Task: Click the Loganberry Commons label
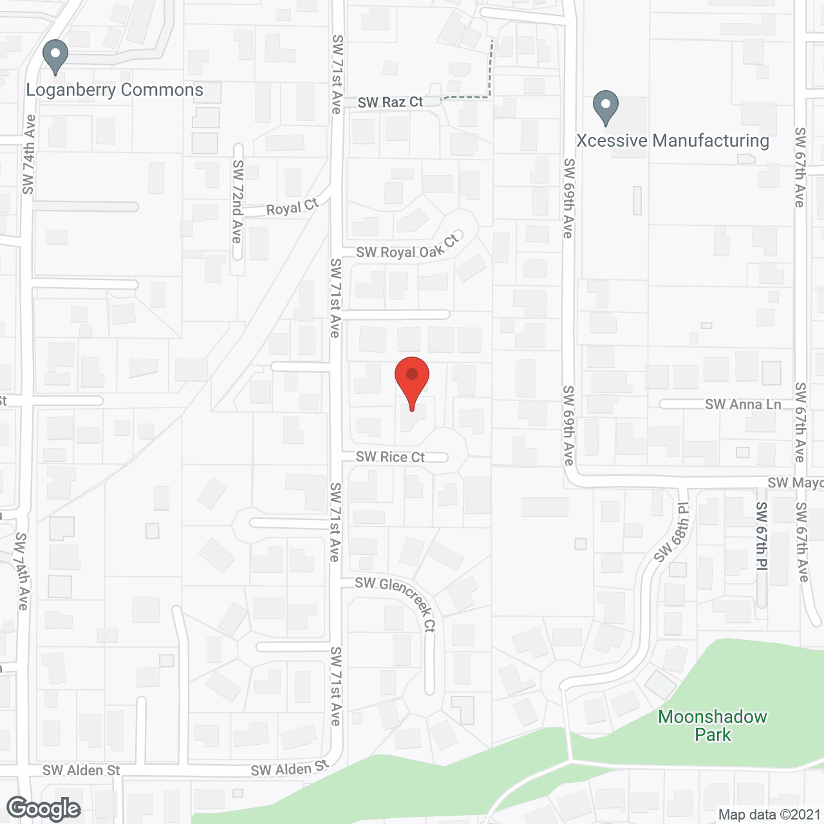tap(115, 90)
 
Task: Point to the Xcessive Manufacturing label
tap(673, 141)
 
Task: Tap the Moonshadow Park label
tap(713, 726)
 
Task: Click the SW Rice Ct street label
tap(390, 457)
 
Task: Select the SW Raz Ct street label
tap(390, 102)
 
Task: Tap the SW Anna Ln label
tap(743, 404)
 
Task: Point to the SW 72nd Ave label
tap(238, 201)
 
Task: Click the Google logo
tap(44, 809)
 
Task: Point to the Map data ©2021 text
tap(769, 815)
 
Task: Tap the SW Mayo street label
tap(795, 483)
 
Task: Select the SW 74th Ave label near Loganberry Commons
tap(28, 154)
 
